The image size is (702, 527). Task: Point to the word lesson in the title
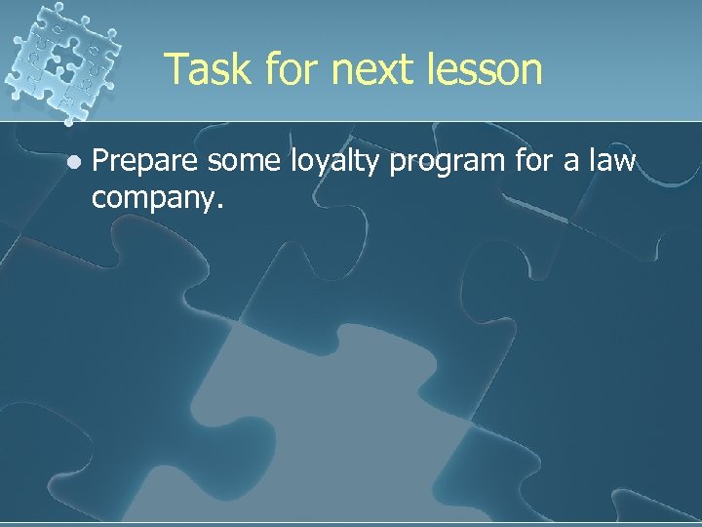pos(488,70)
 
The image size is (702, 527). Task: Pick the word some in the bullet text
pos(234,161)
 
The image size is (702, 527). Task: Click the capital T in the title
pos(175,70)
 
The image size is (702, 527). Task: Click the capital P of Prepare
pos(99,161)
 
